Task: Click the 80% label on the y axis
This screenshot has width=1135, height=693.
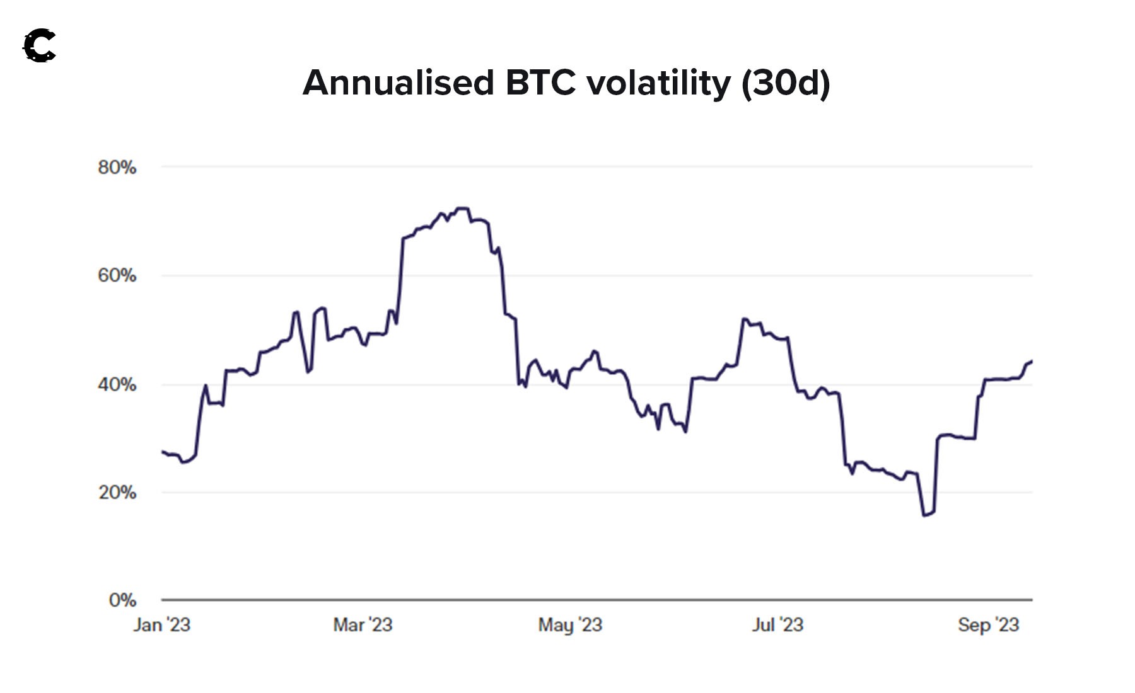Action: pos(117,168)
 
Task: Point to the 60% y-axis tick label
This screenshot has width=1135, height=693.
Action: pos(117,275)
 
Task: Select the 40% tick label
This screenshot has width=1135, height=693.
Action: pos(117,384)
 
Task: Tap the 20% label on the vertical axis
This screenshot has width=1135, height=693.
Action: pos(117,492)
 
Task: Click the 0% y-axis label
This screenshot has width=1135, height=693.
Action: pos(122,600)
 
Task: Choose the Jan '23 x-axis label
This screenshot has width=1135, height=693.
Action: pos(161,624)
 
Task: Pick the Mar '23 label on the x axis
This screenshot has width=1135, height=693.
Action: pos(363,624)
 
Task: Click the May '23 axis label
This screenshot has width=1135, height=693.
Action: pos(570,624)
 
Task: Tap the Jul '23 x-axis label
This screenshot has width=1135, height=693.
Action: pos(777,624)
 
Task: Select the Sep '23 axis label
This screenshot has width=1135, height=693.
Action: pos(988,624)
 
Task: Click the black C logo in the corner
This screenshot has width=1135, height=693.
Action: pos(40,46)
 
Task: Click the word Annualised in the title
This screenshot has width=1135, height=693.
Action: pos(399,83)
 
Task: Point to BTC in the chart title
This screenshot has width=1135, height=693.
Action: pos(540,83)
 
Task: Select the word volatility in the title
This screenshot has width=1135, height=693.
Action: pos(658,83)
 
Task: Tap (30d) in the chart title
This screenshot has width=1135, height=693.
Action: pos(786,83)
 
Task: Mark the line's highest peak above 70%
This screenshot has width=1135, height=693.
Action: pos(462,208)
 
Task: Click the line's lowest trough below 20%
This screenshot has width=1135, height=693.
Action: pos(924,515)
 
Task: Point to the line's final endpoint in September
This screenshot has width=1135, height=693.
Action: pos(1032,361)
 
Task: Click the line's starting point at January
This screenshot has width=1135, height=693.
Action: pos(163,452)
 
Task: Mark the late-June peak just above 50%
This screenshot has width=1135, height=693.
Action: pos(744,319)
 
